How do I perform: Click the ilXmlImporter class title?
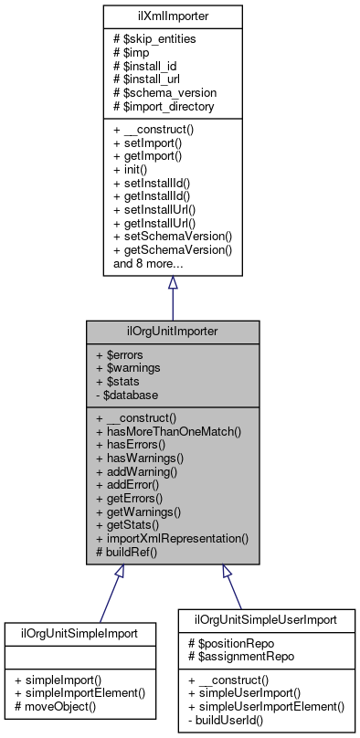172,16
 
